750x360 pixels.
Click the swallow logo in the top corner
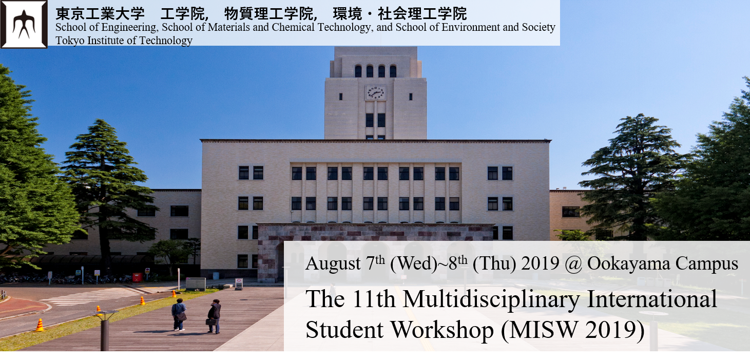pyautogui.click(x=24, y=24)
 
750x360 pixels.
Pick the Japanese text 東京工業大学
pyautogui.click(x=100, y=14)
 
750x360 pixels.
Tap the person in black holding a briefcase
pyautogui.click(x=214, y=316)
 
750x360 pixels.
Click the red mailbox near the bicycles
pyautogui.click(x=137, y=277)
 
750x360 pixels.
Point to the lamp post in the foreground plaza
pyautogui.click(x=105, y=330)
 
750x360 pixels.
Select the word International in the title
pyautogui.click(x=652, y=299)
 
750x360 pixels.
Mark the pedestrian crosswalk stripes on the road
pyautogui.click(x=94, y=296)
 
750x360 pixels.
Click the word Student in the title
pyautogui.click(x=344, y=330)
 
